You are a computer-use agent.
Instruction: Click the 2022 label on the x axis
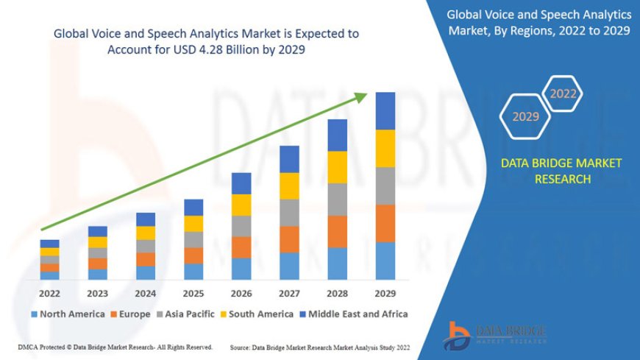(50, 293)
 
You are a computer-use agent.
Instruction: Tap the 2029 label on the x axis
(385, 293)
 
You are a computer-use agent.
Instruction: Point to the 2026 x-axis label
(241, 293)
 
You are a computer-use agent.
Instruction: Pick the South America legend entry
(260, 314)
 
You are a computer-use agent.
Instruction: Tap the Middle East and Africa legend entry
(356, 314)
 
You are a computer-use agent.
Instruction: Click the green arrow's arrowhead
(362, 96)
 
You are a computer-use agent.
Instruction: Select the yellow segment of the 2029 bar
(385, 148)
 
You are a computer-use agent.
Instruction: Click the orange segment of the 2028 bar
(337, 231)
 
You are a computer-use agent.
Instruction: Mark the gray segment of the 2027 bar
(289, 213)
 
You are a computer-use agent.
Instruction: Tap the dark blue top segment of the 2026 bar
(241, 183)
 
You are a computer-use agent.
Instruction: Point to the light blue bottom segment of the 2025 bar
(193, 272)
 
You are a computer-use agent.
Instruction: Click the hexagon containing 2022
(563, 94)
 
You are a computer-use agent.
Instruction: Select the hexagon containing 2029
(526, 116)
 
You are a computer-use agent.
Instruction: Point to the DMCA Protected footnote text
(115, 346)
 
